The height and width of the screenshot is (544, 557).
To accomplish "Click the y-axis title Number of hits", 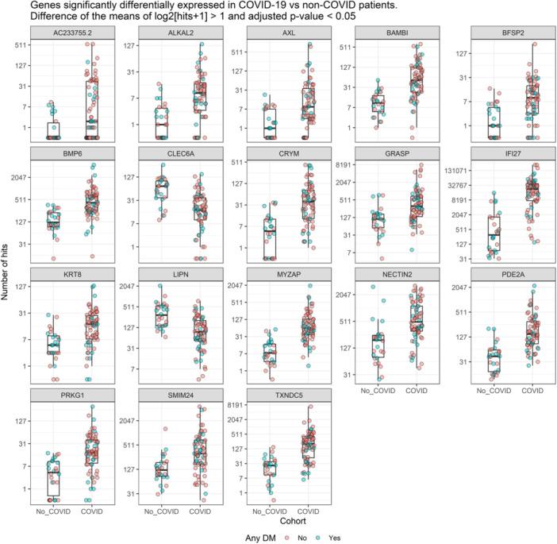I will [7, 274].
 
